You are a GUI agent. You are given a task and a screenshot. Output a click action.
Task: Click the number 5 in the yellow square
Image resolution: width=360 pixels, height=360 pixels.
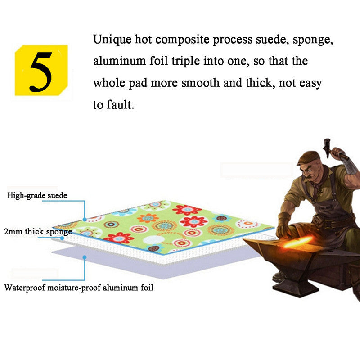click(41, 70)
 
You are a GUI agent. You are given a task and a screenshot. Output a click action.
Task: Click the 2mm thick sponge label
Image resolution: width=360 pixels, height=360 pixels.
click(39, 232)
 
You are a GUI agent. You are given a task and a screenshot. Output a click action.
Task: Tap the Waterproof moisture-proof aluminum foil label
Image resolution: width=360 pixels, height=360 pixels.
click(79, 287)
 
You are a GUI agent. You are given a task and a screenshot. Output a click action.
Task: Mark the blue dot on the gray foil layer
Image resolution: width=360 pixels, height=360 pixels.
click(85, 257)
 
